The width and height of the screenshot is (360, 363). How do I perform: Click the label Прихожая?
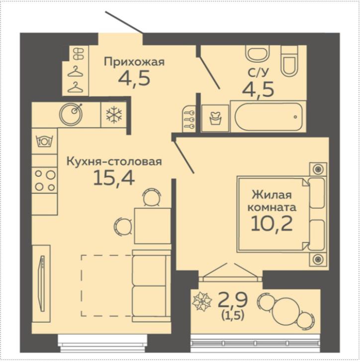134,62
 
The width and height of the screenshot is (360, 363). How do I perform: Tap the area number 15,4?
114,179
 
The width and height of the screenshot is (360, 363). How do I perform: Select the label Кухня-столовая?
114,161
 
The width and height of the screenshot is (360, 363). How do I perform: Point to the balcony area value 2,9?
233,300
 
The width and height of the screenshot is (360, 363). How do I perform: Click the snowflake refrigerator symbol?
114,115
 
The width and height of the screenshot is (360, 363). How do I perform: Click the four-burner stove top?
45,180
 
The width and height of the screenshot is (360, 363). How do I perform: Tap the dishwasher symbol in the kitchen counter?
45,141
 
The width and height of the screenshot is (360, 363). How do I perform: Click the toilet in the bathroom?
289,60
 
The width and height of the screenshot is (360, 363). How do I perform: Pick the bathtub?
269,116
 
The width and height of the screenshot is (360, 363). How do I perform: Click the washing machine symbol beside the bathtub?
215,118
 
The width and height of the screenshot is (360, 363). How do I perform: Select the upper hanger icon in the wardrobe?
76,71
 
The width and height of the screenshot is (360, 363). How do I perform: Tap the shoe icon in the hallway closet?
79,54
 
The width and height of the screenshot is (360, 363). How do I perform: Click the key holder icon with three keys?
189,119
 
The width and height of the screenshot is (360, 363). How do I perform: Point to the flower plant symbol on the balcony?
202,301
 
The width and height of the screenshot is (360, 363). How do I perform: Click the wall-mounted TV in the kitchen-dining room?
42,283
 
